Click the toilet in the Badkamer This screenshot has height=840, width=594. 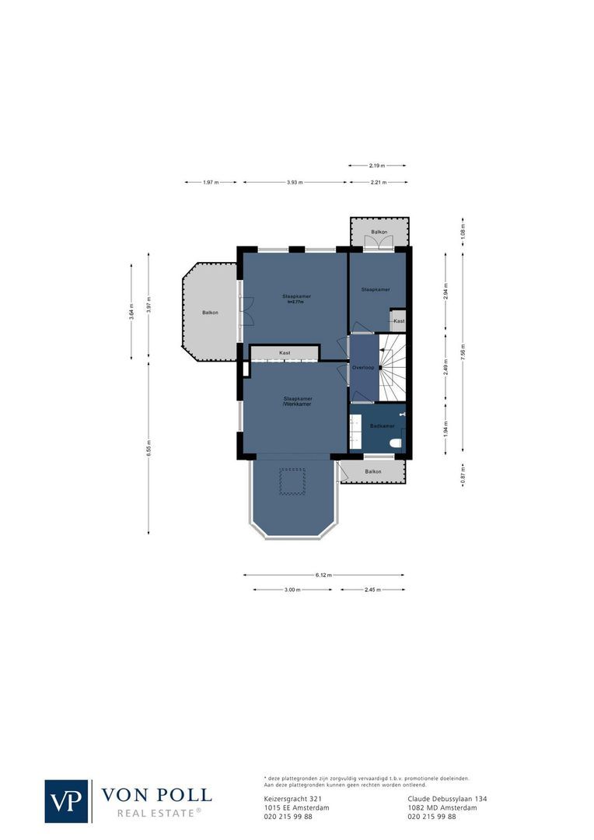(396, 443)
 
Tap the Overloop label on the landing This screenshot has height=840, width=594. (363, 367)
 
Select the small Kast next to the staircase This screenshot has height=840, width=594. (398, 321)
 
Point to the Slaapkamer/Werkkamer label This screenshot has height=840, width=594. (297, 401)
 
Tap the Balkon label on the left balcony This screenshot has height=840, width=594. (210, 313)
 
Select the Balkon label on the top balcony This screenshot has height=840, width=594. (379, 233)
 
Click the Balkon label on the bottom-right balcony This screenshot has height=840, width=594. (373, 472)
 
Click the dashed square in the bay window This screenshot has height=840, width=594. (293, 482)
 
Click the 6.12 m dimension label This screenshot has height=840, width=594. (323, 576)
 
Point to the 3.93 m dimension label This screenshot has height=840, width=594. (295, 182)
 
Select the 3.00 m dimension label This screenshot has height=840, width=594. (292, 590)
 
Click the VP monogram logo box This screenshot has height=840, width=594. (66, 801)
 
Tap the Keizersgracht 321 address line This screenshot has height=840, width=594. (292, 799)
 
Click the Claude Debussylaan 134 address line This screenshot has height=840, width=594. (447, 799)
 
